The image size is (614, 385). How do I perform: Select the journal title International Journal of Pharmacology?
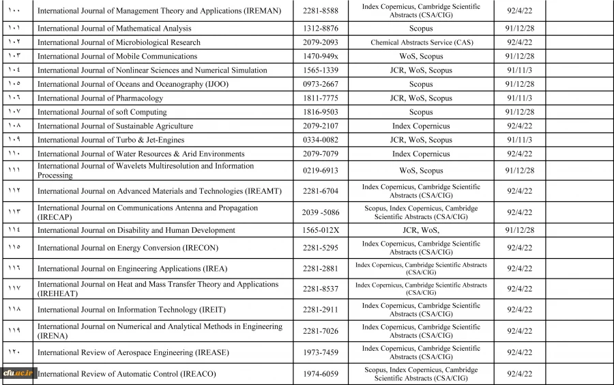(x=100, y=98)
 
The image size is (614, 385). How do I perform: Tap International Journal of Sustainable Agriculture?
(x=115, y=126)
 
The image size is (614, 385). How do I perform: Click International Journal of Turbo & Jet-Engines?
(x=111, y=140)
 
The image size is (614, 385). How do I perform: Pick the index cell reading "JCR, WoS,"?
(x=421, y=231)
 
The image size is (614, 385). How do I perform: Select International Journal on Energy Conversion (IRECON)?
(x=128, y=248)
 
